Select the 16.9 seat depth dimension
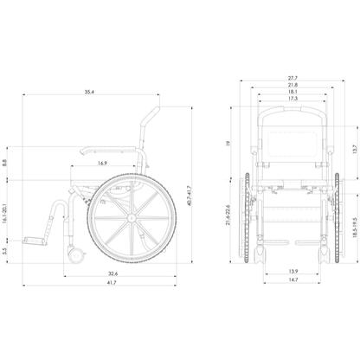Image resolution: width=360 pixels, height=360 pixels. coord(102,164)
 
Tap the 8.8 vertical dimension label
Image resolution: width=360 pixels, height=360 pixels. coord(4,163)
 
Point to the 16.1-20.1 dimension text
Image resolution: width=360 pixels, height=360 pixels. coord(4,214)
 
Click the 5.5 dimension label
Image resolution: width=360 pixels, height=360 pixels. coord(4,251)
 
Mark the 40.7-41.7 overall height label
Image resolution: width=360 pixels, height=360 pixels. coord(189,196)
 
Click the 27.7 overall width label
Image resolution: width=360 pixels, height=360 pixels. coord(292,78)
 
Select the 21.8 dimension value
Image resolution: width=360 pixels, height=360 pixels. coord(292,85)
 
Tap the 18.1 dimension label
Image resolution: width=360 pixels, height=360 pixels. coord(292,92)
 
